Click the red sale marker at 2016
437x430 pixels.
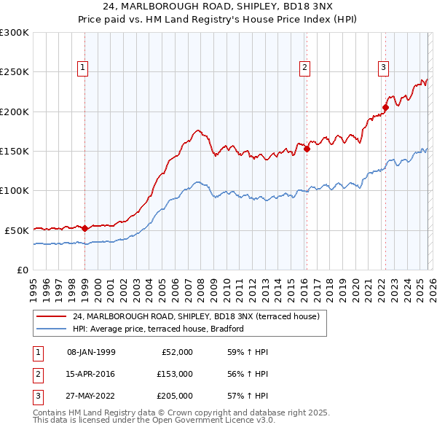point(307,149)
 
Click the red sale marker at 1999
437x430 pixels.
point(84,228)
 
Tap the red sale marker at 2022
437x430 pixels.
point(385,108)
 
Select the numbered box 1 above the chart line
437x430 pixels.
point(82,68)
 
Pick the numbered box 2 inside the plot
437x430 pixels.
point(304,68)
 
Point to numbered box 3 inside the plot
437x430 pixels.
point(383,68)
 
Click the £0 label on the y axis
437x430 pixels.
point(22,270)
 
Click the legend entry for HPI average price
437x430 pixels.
point(157,329)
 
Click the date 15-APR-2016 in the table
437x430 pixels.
point(91,374)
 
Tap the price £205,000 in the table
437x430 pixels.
point(174,396)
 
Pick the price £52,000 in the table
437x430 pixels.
point(176,352)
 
